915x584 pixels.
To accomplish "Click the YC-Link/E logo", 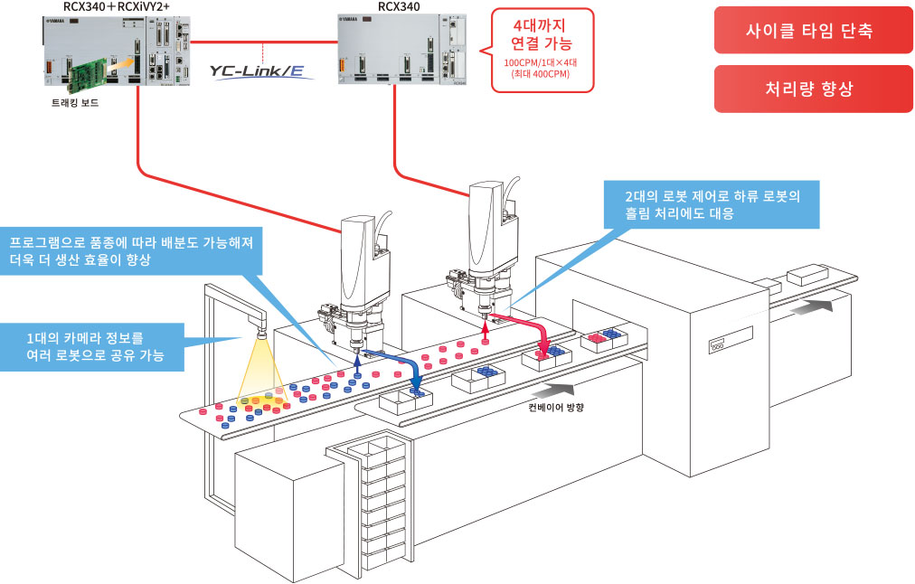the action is (x=258, y=71).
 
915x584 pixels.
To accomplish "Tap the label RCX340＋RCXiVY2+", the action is (x=116, y=7).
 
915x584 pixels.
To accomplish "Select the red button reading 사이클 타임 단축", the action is (x=812, y=31).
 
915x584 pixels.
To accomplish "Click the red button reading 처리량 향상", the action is (x=812, y=89).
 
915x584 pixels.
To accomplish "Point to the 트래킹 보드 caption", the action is (x=75, y=103).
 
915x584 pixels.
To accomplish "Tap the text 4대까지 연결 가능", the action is (x=542, y=34).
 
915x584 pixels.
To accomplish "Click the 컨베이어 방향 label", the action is (x=555, y=407).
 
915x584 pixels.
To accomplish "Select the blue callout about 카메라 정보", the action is (x=92, y=346).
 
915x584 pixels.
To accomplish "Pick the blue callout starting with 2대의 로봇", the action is (x=712, y=204).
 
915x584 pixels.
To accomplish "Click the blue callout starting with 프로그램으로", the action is (x=131, y=251).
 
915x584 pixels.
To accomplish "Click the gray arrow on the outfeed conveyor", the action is (x=817, y=306).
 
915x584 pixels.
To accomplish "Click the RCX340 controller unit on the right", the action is (x=402, y=50).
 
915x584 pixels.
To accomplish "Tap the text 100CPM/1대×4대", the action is (x=541, y=62).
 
